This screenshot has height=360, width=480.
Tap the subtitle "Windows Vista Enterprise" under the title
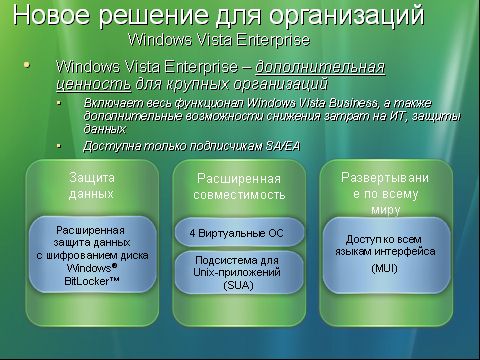coord(219,41)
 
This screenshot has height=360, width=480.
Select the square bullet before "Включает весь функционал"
coord(60,103)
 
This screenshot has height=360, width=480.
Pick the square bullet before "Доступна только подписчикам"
coord(60,145)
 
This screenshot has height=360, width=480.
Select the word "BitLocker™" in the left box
coord(93,282)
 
